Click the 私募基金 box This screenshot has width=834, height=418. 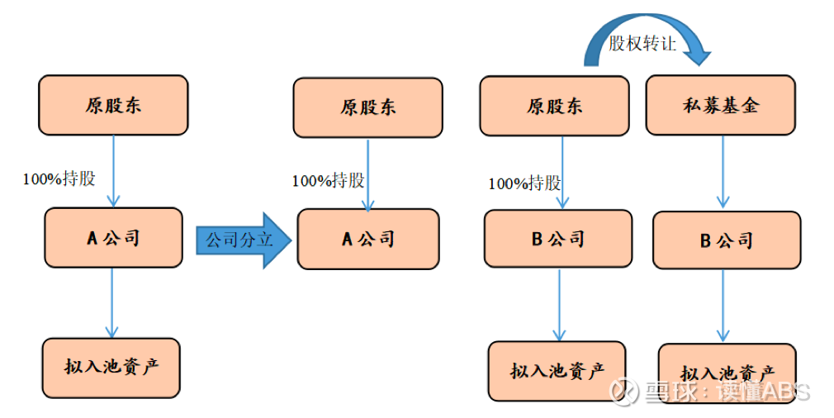pyautogui.click(x=720, y=105)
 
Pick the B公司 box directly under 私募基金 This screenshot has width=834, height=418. pyautogui.click(x=727, y=240)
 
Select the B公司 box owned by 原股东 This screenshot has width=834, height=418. pyautogui.click(x=557, y=239)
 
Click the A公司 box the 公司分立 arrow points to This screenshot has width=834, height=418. pyautogui.click(x=368, y=239)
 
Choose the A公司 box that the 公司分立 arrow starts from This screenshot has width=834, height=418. pyautogui.click(x=113, y=238)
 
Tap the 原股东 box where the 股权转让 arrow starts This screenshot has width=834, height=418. pyautogui.click(x=554, y=106)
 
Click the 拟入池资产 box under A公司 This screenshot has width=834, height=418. pyautogui.click(x=111, y=367)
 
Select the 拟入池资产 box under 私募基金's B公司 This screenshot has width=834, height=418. pyautogui.click(x=727, y=373)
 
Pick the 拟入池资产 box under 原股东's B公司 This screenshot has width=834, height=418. pyautogui.click(x=557, y=371)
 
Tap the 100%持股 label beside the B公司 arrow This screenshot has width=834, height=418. pyautogui.click(x=524, y=183)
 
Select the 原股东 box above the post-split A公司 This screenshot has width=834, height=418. pyautogui.click(x=367, y=107)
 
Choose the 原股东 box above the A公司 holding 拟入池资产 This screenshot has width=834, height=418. pyautogui.click(x=113, y=105)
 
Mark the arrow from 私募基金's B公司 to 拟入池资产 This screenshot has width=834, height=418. pyautogui.click(x=723, y=306)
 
